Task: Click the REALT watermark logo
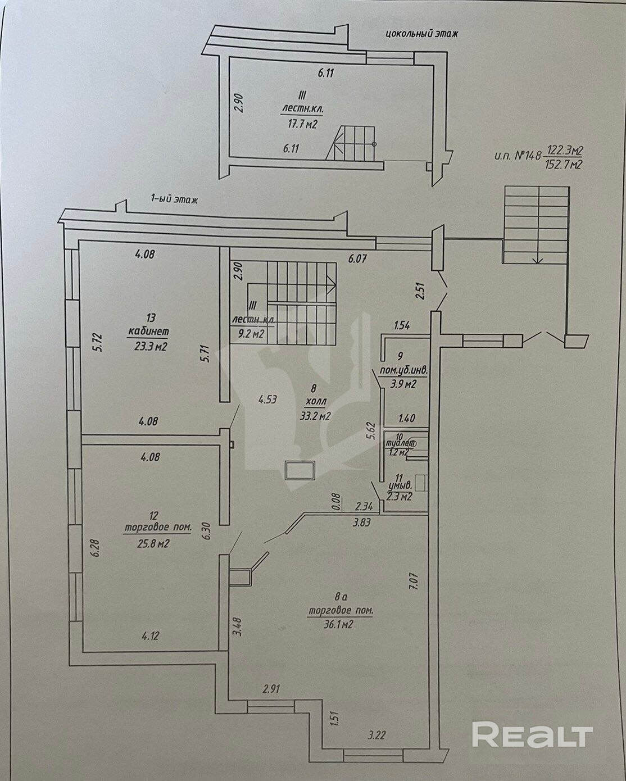click(x=532, y=735)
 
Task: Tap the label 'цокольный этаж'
click(x=421, y=34)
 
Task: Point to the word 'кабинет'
click(x=148, y=331)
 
